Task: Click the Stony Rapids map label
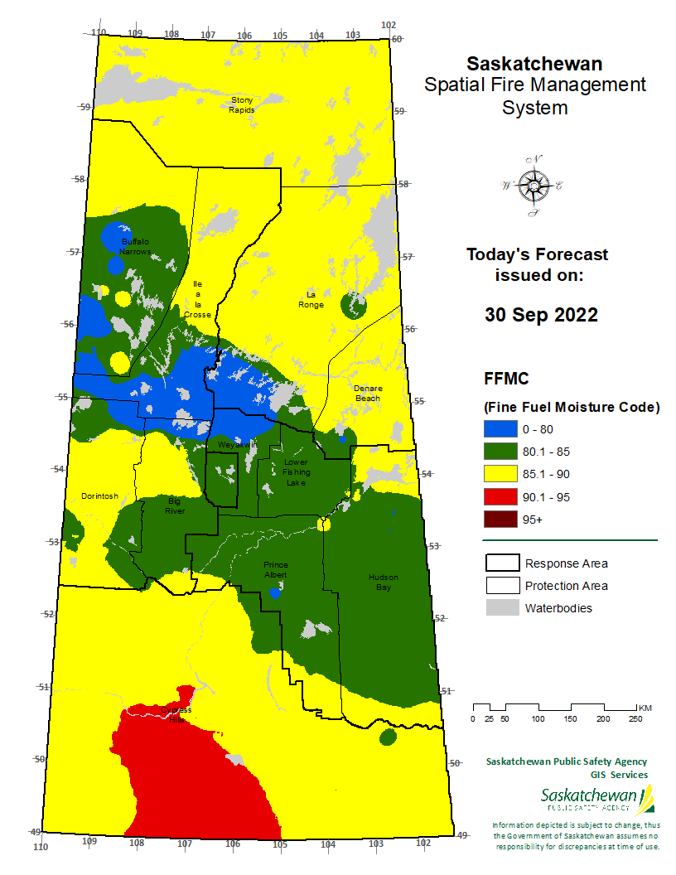242,104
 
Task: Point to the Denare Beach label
367,393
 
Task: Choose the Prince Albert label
275,569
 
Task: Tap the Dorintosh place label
99,496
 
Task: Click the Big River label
174,505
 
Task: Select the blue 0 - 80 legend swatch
500,429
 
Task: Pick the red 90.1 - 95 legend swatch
500,497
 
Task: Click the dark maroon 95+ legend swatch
500,520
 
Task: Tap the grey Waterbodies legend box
501,608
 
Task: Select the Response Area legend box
501,563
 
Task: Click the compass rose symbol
531,186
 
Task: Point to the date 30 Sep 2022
540,316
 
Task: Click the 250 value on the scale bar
635,718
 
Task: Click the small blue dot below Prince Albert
276,592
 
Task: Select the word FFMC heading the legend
507,379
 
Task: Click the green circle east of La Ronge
355,307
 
